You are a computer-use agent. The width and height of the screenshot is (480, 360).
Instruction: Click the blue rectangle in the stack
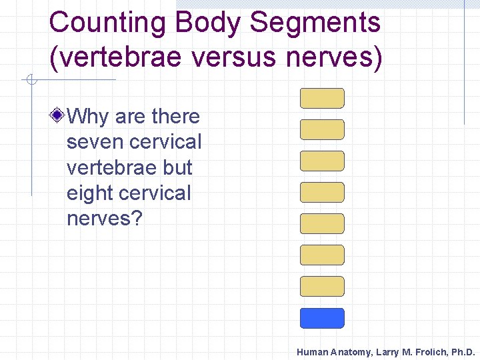pos(322,318)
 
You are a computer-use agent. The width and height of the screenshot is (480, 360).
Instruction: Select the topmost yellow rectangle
pos(322,98)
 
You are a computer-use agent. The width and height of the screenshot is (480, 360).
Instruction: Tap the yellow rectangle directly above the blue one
pos(322,287)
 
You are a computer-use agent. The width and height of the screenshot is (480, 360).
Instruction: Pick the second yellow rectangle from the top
pos(322,129)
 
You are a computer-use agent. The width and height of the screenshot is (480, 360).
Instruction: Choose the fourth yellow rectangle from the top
pos(322,192)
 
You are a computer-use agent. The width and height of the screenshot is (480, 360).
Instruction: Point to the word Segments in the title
pos(316,22)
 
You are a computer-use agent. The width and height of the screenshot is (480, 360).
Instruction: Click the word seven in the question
pos(96,142)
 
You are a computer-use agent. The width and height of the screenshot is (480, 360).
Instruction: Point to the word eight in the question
pos(91,193)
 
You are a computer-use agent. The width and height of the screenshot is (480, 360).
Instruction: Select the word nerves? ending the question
pos(105,219)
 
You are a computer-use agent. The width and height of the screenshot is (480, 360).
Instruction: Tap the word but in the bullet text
pos(175,167)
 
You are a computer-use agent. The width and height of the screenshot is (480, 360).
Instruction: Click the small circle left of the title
pos(30,81)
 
